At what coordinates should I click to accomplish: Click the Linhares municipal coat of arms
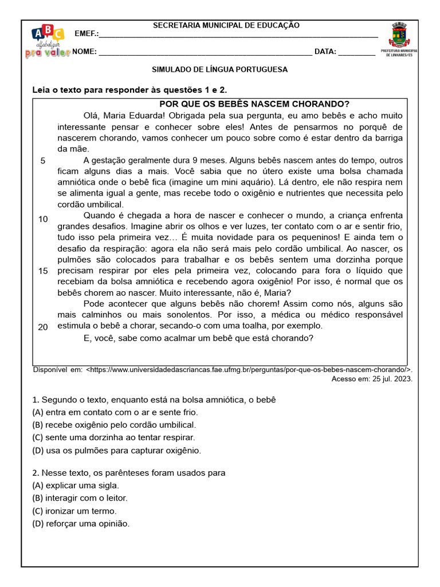tap(403, 38)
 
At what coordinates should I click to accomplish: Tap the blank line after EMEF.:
tap(238, 35)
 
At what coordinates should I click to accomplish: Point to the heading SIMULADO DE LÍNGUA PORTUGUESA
tap(219, 69)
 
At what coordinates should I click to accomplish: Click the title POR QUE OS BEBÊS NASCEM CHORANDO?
tap(254, 104)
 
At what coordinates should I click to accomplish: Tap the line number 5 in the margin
tap(43, 161)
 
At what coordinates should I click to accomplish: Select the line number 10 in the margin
tap(43, 219)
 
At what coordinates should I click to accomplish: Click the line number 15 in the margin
tap(43, 271)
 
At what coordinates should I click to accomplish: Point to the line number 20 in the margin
tap(43, 327)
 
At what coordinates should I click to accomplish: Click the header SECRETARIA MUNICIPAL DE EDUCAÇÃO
tap(226, 25)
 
